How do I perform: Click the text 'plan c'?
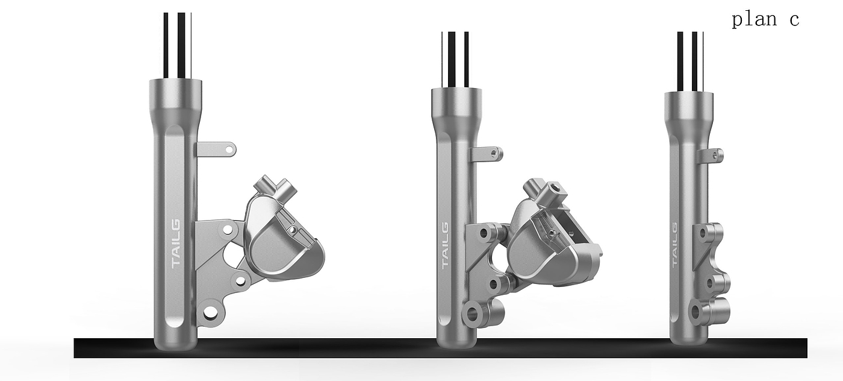[x=765, y=20]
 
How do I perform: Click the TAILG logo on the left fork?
[x=176, y=244]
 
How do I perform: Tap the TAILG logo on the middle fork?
[x=445, y=246]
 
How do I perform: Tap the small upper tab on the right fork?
[x=711, y=156]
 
